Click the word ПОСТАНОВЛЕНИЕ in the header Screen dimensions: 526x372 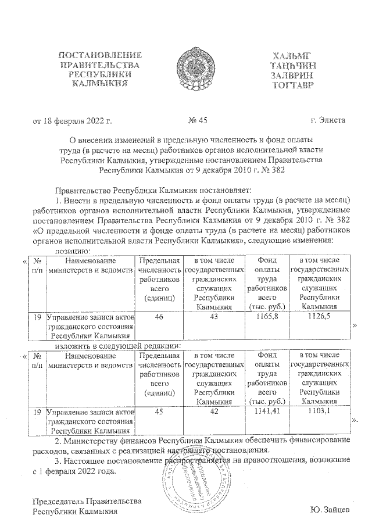(x=102, y=56)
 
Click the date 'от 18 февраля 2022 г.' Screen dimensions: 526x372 (x=71, y=121)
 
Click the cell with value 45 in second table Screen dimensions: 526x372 (x=158, y=412)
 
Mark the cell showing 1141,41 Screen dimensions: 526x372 (x=266, y=412)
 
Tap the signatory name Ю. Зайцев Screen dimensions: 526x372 (x=330, y=511)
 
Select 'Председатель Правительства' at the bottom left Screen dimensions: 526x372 (x=87, y=502)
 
